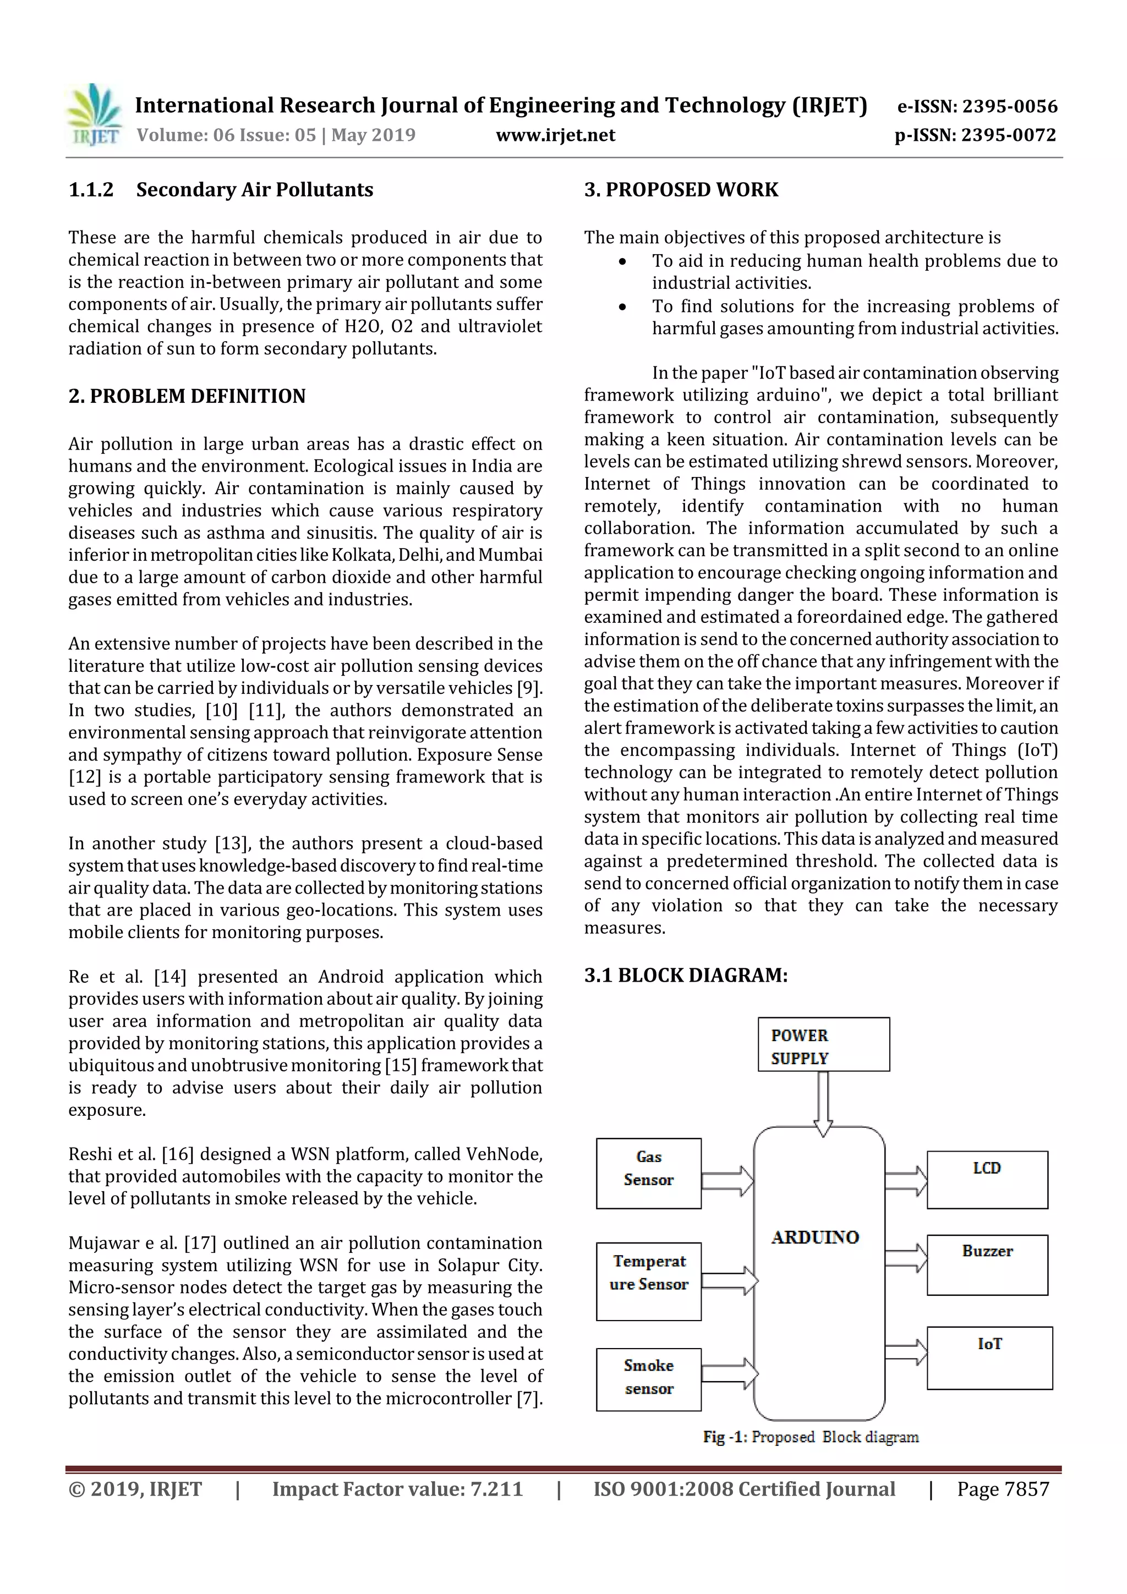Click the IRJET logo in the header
click(94, 115)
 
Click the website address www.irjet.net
click(555, 135)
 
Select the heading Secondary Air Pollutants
click(254, 189)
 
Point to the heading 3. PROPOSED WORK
click(681, 189)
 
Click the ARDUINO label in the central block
click(815, 1237)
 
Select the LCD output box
click(987, 1180)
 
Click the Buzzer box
click(987, 1265)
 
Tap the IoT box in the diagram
click(989, 1357)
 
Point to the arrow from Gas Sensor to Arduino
click(727, 1181)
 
